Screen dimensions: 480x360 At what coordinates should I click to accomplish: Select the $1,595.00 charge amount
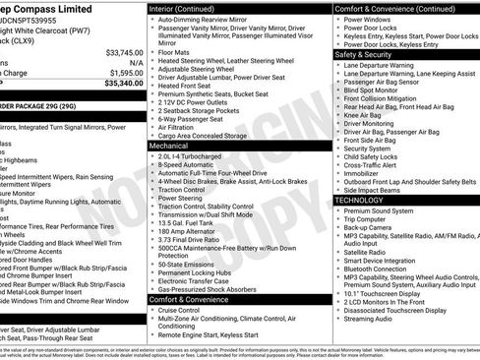[x=125, y=73]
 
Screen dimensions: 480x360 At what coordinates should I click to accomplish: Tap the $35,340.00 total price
[x=122, y=85]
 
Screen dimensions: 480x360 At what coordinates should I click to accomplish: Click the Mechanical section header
[x=168, y=144]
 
